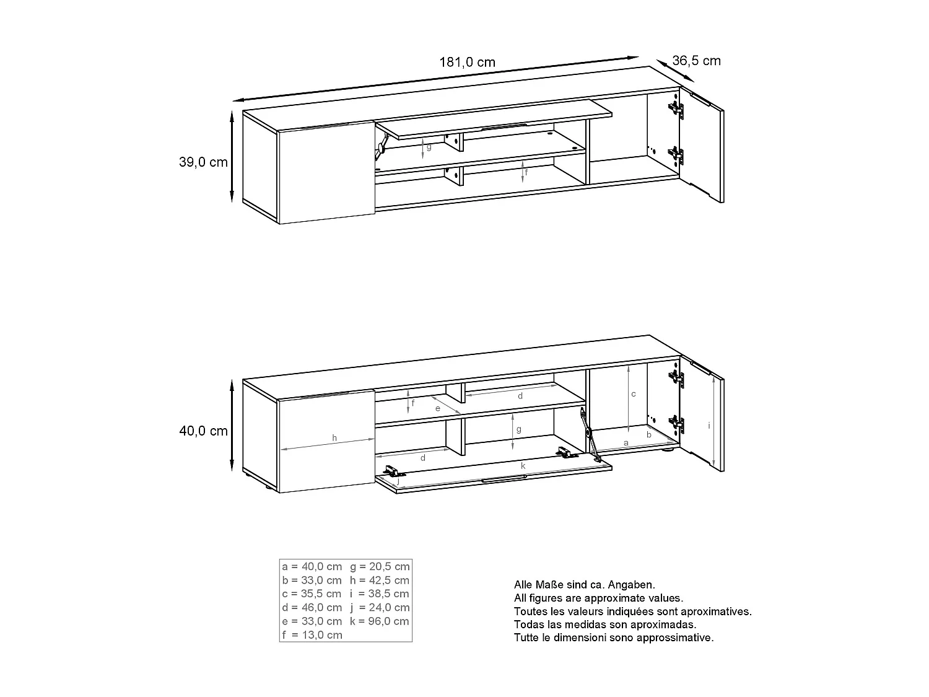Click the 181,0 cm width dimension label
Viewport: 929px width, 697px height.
coord(467,62)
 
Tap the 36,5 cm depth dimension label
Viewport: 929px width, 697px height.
coord(696,61)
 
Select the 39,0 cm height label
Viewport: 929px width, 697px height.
coord(203,162)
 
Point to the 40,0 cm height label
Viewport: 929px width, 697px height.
coord(203,431)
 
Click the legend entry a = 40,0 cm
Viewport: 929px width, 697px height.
coord(312,566)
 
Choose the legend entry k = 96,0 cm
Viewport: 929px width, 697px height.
coord(380,621)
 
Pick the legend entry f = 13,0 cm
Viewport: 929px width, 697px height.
coord(312,634)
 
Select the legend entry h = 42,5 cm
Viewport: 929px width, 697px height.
coord(380,580)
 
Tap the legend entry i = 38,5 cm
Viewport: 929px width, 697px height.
coord(380,594)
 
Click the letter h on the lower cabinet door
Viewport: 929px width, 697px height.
coord(334,438)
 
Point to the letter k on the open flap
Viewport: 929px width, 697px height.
coord(523,465)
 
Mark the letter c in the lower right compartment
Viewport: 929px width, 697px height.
coord(634,394)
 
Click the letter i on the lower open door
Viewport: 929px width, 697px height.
coord(709,425)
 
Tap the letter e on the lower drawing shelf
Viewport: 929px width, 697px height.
coord(437,408)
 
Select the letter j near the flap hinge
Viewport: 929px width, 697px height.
coord(398,480)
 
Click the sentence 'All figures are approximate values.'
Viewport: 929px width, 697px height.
coord(598,598)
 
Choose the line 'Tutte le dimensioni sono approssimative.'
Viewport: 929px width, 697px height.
coord(614,638)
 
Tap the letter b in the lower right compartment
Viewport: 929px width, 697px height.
coord(649,435)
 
